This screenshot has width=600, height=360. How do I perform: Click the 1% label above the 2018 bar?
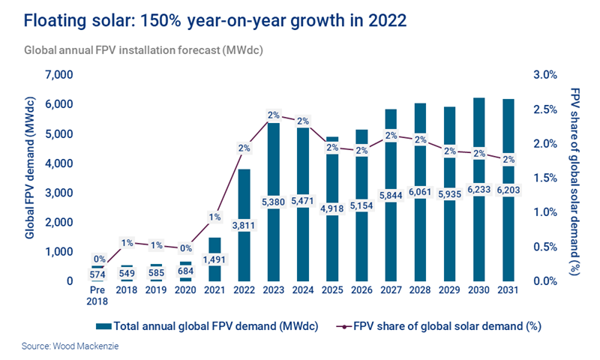coord(127,243)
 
